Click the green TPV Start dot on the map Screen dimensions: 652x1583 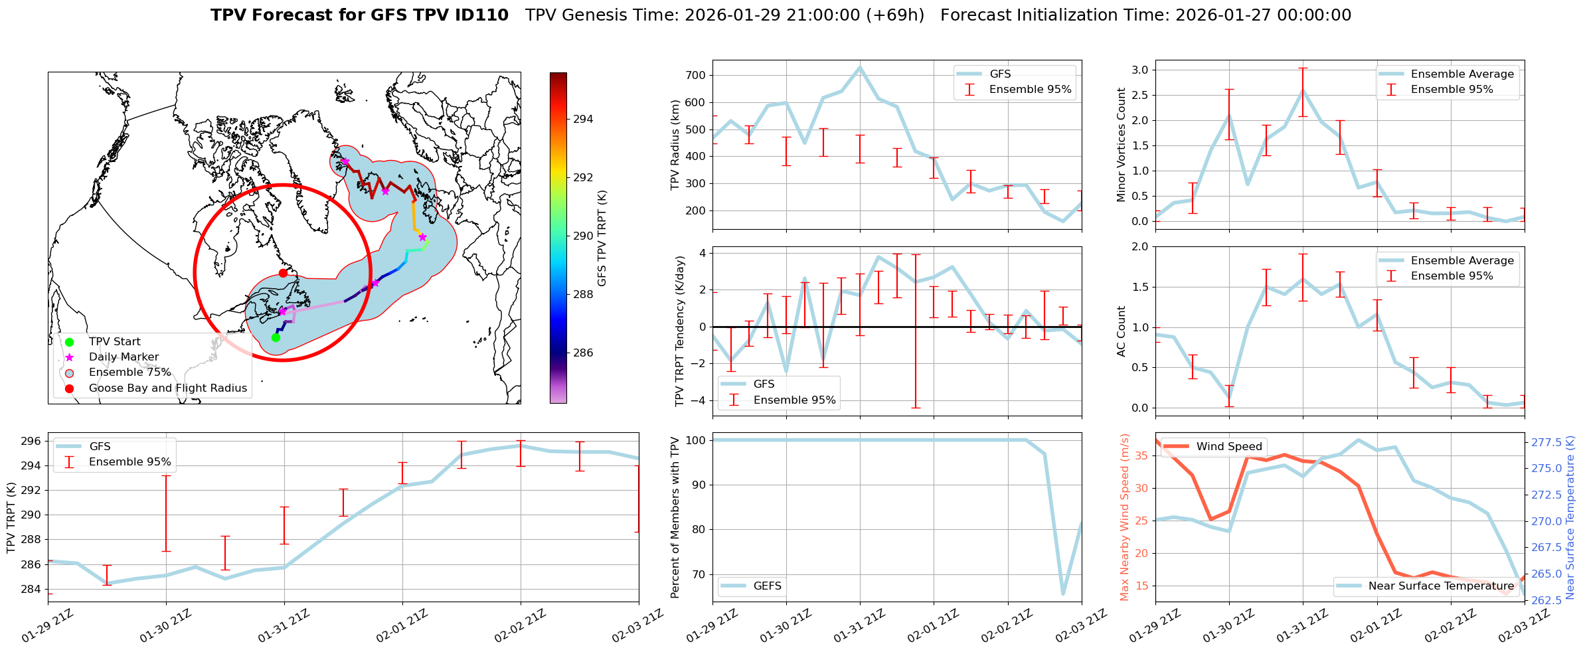(x=276, y=337)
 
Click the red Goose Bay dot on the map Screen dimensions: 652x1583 (x=283, y=273)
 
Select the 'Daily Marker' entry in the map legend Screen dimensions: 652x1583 (x=124, y=357)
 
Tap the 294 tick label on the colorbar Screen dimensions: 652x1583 (x=583, y=120)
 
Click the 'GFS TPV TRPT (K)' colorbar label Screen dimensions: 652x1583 (x=602, y=238)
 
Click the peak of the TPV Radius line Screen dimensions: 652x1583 (x=860, y=67)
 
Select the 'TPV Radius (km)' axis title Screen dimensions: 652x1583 (x=675, y=145)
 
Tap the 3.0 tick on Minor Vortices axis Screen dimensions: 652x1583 (x=1139, y=70)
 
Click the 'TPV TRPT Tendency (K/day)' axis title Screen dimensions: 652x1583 (x=679, y=331)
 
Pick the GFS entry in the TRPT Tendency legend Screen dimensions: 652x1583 (x=764, y=384)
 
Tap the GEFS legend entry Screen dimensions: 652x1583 (x=768, y=586)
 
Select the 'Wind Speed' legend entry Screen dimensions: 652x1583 (x=1229, y=446)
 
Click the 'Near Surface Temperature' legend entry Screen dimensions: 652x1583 (x=1441, y=586)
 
